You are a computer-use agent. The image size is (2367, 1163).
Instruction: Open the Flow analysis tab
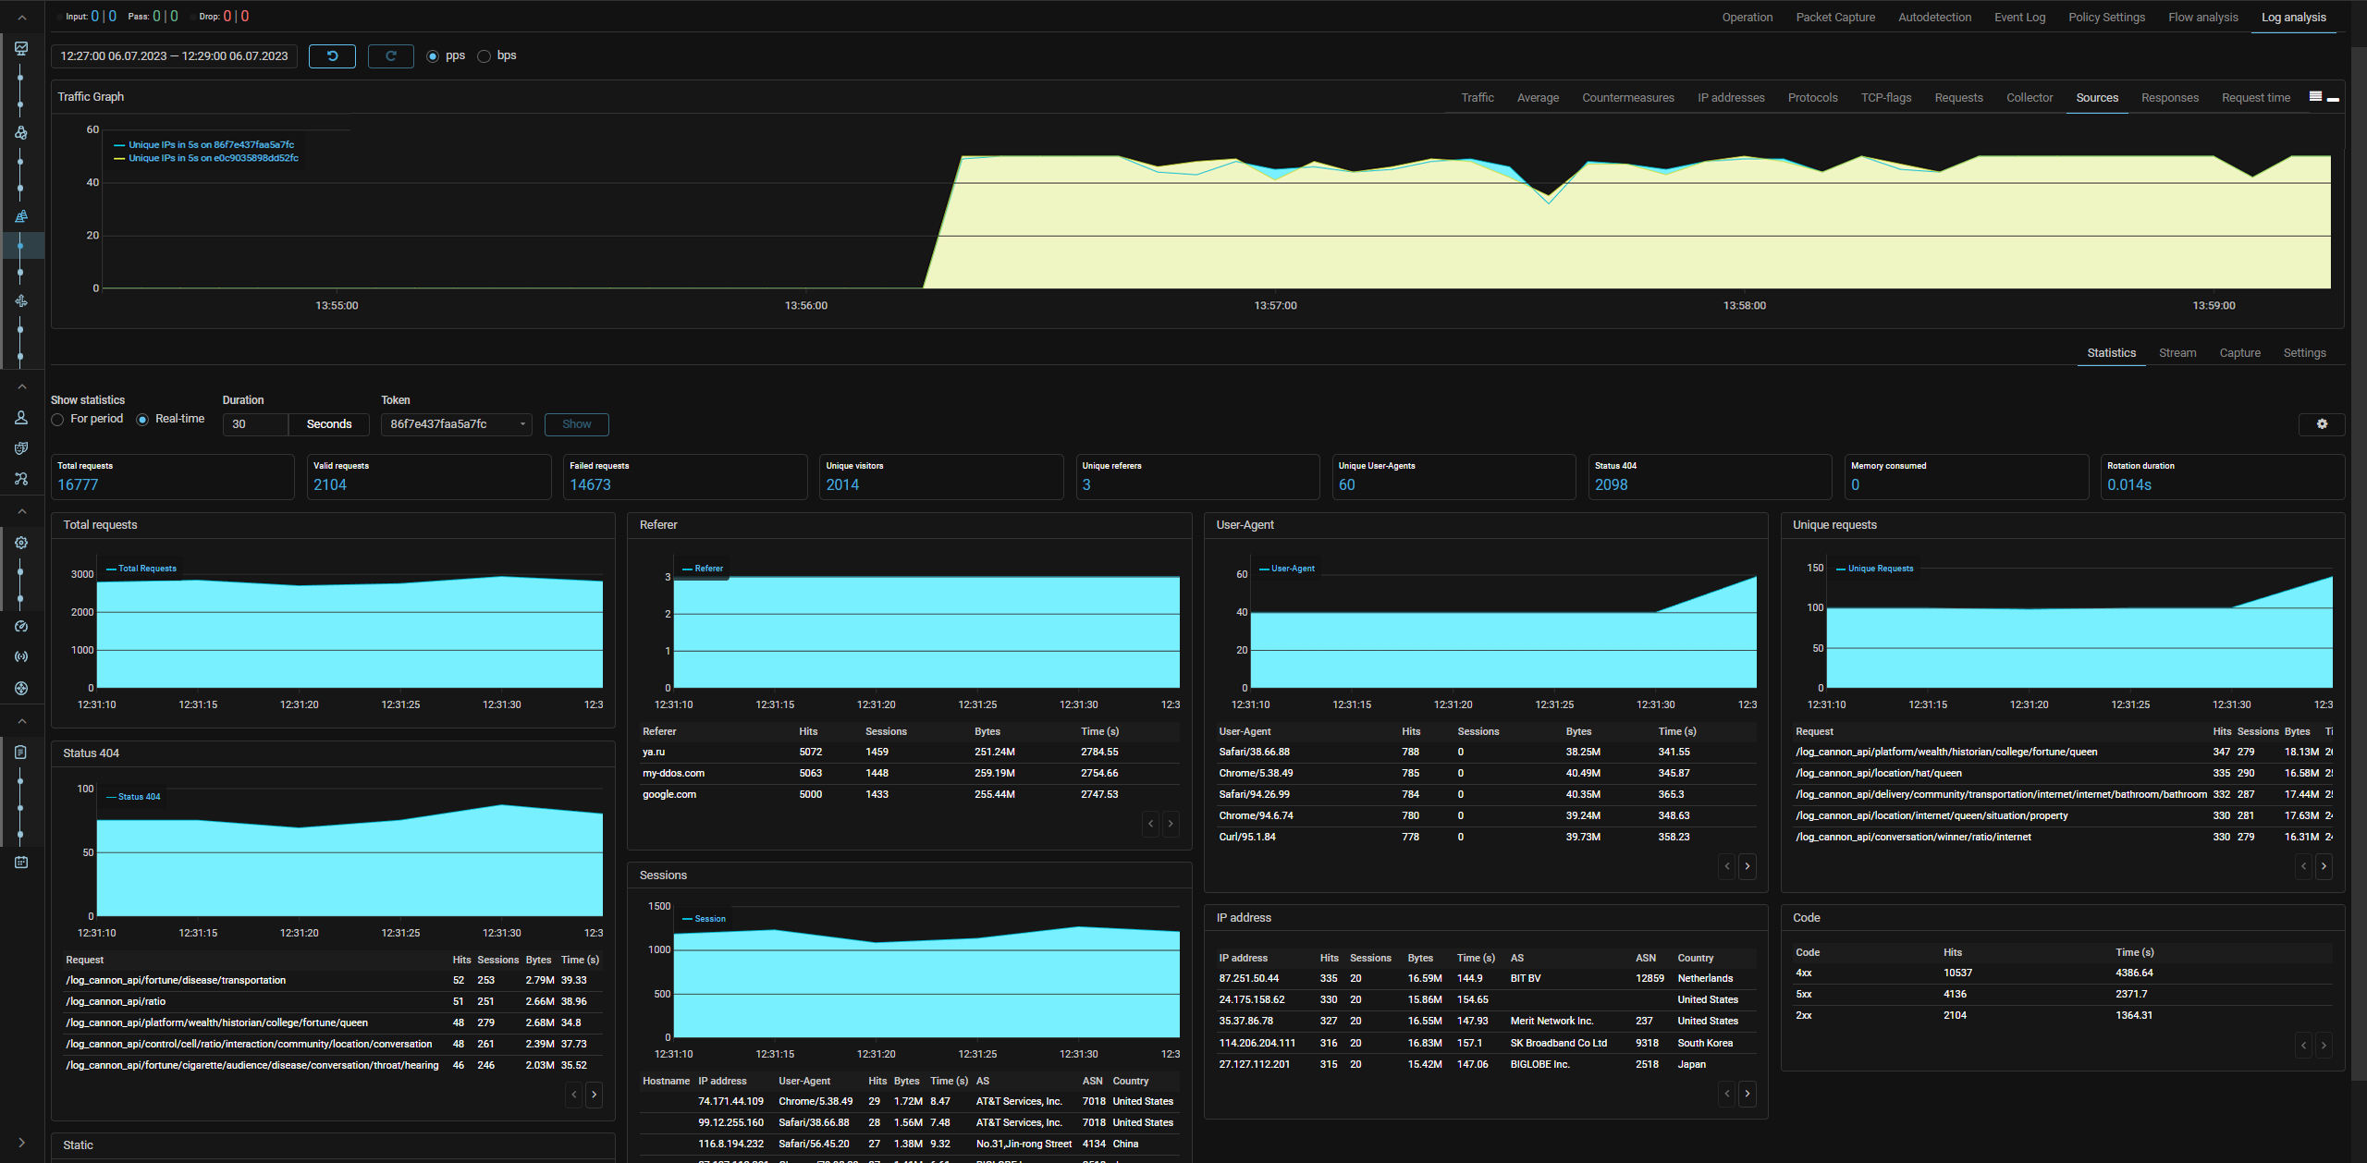pyautogui.click(x=2202, y=18)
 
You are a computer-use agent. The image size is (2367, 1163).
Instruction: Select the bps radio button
pyautogui.click(x=484, y=56)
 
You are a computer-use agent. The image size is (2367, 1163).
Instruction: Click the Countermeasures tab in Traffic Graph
pyautogui.click(x=1627, y=98)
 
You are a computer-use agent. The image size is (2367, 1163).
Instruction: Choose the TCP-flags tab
pyautogui.click(x=1885, y=98)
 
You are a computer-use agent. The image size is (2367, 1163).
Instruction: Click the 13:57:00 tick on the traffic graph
pyautogui.click(x=1275, y=305)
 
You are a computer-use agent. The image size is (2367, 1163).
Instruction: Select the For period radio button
pyautogui.click(x=58, y=420)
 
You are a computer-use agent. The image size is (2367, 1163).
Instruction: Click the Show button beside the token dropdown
pyautogui.click(x=576, y=424)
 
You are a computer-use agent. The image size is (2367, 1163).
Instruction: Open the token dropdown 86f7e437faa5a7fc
pyautogui.click(x=457, y=424)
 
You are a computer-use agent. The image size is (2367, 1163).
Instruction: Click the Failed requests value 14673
pyautogui.click(x=590, y=484)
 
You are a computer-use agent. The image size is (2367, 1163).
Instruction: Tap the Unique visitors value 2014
pyautogui.click(x=842, y=484)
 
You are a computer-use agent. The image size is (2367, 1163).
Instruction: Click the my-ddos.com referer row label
pyautogui.click(x=673, y=773)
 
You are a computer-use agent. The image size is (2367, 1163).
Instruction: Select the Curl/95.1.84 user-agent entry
pyautogui.click(x=1246, y=837)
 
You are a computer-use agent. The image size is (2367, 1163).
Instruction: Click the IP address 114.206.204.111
pyautogui.click(x=1257, y=1043)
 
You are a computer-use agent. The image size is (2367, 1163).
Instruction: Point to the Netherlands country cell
pyautogui.click(x=1705, y=978)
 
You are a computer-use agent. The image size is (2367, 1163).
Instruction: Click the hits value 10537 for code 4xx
pyautogui.click(x=1957, y=973)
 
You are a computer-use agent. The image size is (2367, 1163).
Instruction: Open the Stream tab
pyautogui.click(x=2177, y=353)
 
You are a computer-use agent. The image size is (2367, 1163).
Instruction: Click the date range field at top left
pyautogui.click(x=174, y=56)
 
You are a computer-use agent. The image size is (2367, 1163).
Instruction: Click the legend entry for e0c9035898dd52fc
pyautogui.click(x=213, y=158)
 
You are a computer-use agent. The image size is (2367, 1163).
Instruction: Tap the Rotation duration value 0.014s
pyautogui.click(x=2128, y=484)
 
